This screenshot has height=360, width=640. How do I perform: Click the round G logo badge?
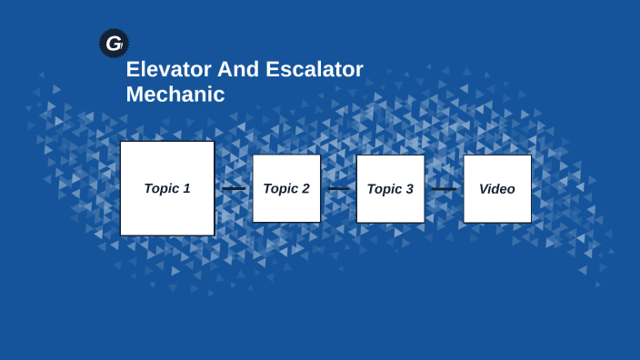pos(114,43)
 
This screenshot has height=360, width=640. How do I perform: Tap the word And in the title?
pos(231,70)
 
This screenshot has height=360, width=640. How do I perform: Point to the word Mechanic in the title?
pos(175,95)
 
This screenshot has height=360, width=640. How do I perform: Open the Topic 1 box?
pos(167,188)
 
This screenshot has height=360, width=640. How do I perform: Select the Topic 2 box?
pos(286,188)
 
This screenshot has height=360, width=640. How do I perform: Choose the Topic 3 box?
pos(390,188)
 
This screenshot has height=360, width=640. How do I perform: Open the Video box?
pos(497,188)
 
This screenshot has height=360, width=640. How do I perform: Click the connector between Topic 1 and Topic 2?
pos(234,189)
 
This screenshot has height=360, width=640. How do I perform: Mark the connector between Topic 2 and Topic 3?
pos(338,189)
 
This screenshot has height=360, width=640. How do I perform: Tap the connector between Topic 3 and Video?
pos(444,189)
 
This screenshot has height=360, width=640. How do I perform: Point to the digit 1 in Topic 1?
pos(186,188)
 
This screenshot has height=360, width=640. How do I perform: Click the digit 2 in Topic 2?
pos(305,188)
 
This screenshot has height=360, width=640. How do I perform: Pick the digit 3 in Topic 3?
pos(409,189)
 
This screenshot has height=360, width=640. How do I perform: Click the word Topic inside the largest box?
pos(161,188)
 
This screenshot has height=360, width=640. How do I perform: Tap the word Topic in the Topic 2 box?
pos(281,188)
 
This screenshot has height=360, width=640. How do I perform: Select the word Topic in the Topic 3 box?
pos(385,189)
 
